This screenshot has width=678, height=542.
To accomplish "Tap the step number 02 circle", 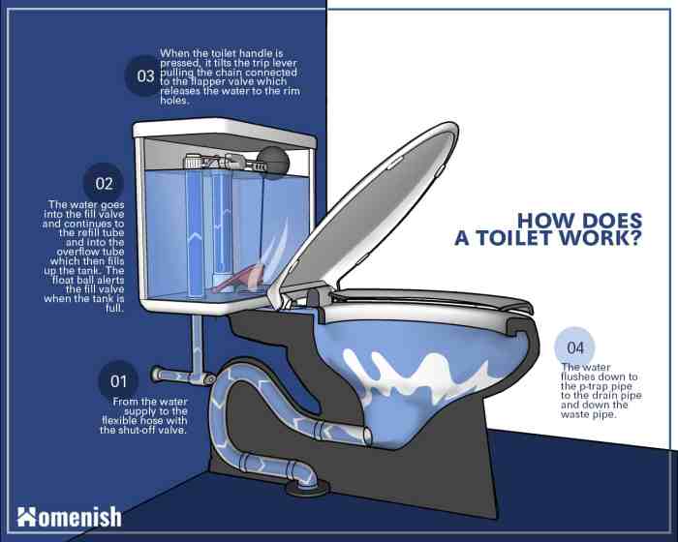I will tap(105, 183).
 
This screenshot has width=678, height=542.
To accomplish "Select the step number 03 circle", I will tap(145, 76).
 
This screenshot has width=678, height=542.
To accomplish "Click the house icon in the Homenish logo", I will tap(27, 517).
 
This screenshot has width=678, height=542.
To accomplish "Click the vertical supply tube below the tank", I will tap(200, 341).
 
